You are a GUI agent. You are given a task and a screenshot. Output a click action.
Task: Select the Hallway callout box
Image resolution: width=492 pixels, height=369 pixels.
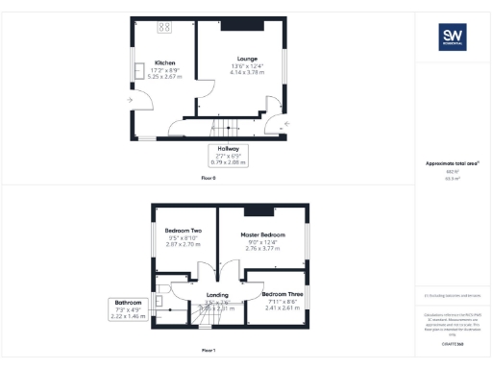[x=228, y=156]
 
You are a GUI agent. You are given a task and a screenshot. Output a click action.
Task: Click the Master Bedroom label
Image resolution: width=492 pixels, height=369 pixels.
[x=260, y=234]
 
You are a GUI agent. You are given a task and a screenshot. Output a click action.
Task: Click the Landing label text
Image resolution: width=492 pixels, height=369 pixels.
[x=217, y=295]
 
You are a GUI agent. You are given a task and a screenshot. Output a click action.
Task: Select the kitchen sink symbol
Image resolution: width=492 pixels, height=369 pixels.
[x=139, y=69]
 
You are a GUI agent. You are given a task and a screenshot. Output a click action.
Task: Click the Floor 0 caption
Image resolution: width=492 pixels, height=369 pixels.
[x=209, y=179]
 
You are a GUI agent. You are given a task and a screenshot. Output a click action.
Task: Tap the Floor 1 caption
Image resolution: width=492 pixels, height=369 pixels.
[x=209, y=351]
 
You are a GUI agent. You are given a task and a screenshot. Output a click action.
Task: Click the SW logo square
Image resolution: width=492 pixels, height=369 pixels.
[x=452, y=37]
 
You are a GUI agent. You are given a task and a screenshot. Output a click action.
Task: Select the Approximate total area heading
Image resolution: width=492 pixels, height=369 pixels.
[x=452, y=163]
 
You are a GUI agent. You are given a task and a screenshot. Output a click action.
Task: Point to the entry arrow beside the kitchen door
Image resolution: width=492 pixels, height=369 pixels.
[x=130, y=99]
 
